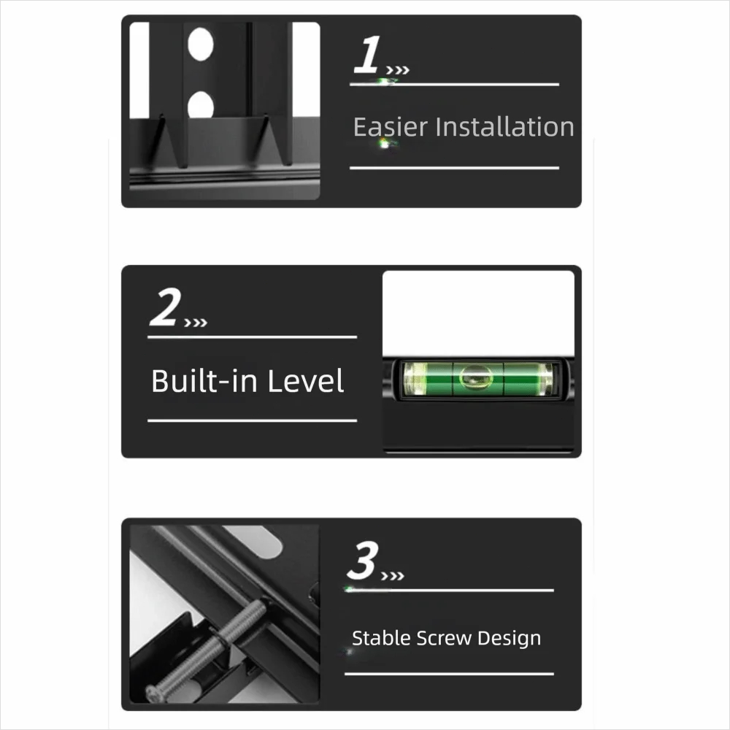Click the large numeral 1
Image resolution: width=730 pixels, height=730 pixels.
click(367, 55)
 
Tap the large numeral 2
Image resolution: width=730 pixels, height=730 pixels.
click(165, 307)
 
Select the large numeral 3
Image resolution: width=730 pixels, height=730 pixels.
click(362, 560)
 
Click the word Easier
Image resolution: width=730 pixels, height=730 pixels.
click(390, 127)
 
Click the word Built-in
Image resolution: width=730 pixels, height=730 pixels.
click(205, 381)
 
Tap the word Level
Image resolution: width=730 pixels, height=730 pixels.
click(305, 381)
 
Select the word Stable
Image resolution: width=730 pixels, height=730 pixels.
click(381, 638)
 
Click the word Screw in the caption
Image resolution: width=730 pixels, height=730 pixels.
click(444, 638)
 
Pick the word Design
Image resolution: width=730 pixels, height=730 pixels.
click(509, 638)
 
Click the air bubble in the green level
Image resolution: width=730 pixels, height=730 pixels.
click(476, 377)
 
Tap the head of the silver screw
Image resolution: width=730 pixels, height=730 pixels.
click(155, 693)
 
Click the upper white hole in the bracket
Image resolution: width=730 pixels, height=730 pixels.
click(201, 44)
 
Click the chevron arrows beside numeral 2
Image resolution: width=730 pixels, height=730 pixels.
click(196, 323)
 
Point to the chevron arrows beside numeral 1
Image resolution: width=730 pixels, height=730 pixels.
click(398, 70)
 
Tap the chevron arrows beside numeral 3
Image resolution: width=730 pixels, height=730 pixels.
click(393, 577)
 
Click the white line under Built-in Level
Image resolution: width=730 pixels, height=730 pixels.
click(253, 420)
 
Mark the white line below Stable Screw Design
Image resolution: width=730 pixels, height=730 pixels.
click(449, 674)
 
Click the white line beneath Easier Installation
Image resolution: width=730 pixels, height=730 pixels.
click(454, 168)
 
